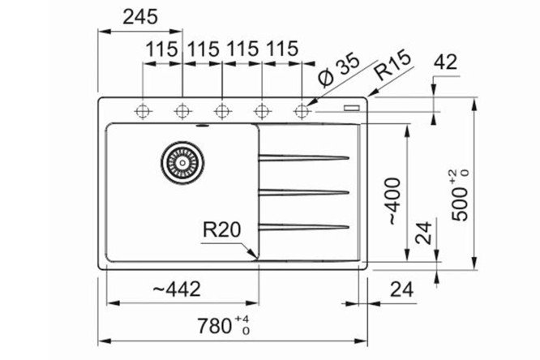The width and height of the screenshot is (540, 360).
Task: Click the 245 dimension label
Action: pos(139,16)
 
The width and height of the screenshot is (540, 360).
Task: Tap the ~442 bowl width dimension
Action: pos(175,289)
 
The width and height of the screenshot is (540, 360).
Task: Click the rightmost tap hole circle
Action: pos(302,110)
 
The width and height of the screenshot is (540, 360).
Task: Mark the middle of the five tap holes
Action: pos(223,110)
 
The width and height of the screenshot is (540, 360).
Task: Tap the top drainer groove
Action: pos(304,156)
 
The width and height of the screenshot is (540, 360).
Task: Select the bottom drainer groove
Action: pos(304,225)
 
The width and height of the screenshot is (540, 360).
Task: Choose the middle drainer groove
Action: pos(304,191)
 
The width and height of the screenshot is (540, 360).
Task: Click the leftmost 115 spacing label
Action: pos(162,49)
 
